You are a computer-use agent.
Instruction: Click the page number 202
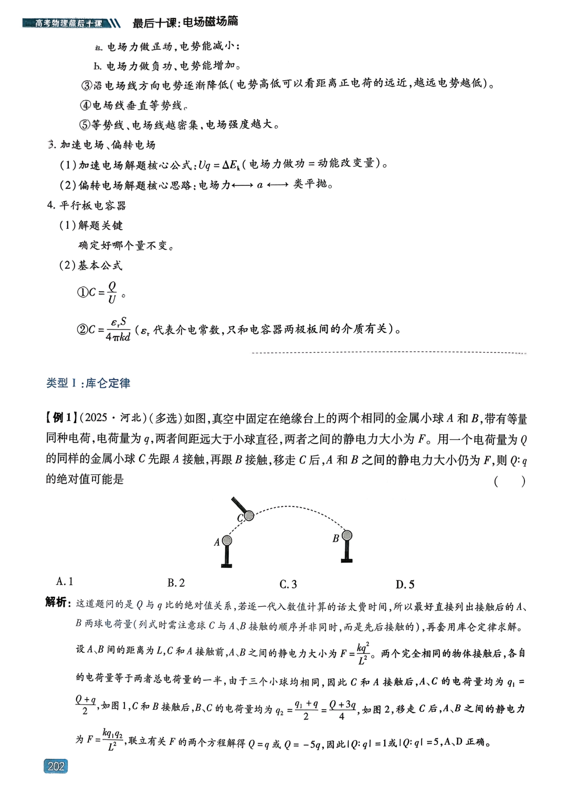(x=56, y=766)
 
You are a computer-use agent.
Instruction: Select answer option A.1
(x=65, y=582)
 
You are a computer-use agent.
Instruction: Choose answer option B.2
(x=176, y=583)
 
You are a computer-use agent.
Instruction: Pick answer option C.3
(x=288, y=584)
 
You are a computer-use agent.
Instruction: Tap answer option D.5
(x=405, y=584)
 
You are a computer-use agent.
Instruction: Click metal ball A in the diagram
(x=227, y=541)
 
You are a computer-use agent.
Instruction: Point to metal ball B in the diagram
(x=346, y=535)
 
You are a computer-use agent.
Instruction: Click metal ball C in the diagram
(x=249, y=515)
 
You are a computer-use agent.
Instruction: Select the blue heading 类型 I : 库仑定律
(x=88, y=383)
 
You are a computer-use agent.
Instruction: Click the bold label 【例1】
(x=61, y=418)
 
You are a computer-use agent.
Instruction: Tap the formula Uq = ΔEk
(x=220, y=165)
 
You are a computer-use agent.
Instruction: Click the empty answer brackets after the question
(x=509, y=481)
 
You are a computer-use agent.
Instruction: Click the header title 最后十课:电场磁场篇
(x=185, y=22)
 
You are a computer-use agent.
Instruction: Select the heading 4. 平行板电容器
(x=87, y=205)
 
